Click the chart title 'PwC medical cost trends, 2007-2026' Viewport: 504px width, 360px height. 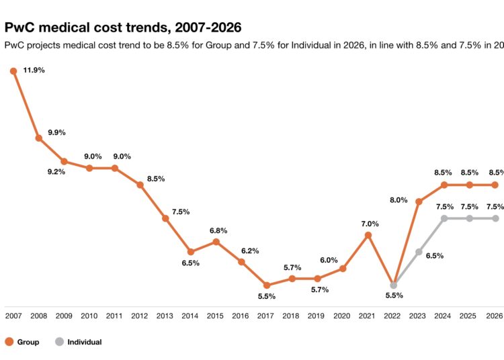pos(123,28)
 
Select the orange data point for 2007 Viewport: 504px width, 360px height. pos(13,71)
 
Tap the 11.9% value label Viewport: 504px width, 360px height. pos(34,71)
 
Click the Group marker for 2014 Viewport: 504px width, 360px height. pos(191,252)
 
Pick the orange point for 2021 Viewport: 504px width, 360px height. pos(368,235)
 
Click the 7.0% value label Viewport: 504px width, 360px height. pos(370,224)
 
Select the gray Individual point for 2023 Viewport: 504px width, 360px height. pos(419,252)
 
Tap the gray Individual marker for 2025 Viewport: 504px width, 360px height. pos(470,218)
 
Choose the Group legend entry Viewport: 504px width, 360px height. pos(22,342)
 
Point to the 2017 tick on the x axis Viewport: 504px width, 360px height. pos(266,316)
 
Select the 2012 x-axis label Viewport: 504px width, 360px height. pos(140,316)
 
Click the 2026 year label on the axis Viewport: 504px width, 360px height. pos(495,316)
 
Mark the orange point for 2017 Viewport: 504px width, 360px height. pos(267,285)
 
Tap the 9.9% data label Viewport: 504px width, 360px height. pos(56,132)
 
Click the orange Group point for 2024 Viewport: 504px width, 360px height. pos(444,185)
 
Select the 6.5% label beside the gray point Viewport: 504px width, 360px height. pos(434,256)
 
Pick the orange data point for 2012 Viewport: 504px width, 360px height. pos(140,185)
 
